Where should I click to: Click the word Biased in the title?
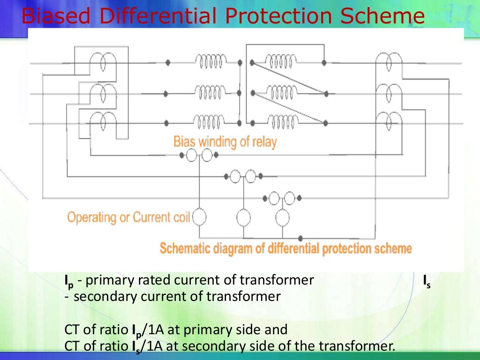[x=52, y=17]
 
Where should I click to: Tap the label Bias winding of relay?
[x=225, y=141]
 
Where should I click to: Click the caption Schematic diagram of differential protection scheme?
[x=285, y=248]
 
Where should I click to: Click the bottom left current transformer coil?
[x=103, y=123]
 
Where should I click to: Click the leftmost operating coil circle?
[x=200, y=217]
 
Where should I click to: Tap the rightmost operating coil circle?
[x=282, y=217]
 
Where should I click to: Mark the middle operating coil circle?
[x=243, y=217]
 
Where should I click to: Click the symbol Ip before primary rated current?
[x=69, y=282]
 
